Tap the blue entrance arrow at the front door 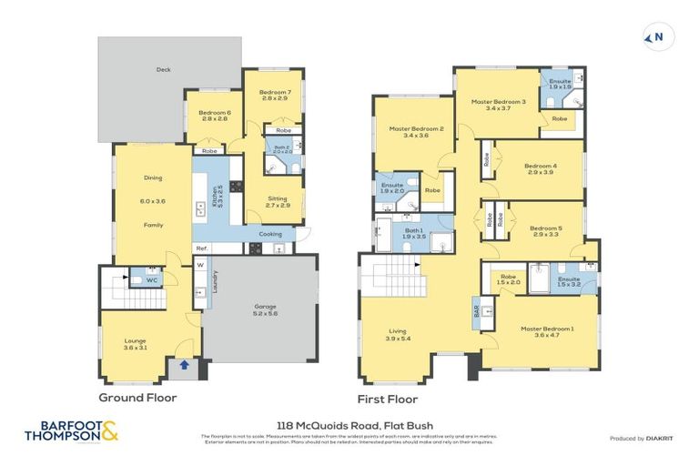(186, 366)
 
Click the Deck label (164, 68)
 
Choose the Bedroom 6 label (215, 115)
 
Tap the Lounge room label (135, 344)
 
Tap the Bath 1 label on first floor (414, 233)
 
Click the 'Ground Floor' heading (137, 398)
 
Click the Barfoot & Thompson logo (78, 431)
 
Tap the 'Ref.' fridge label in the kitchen (202, 248)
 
